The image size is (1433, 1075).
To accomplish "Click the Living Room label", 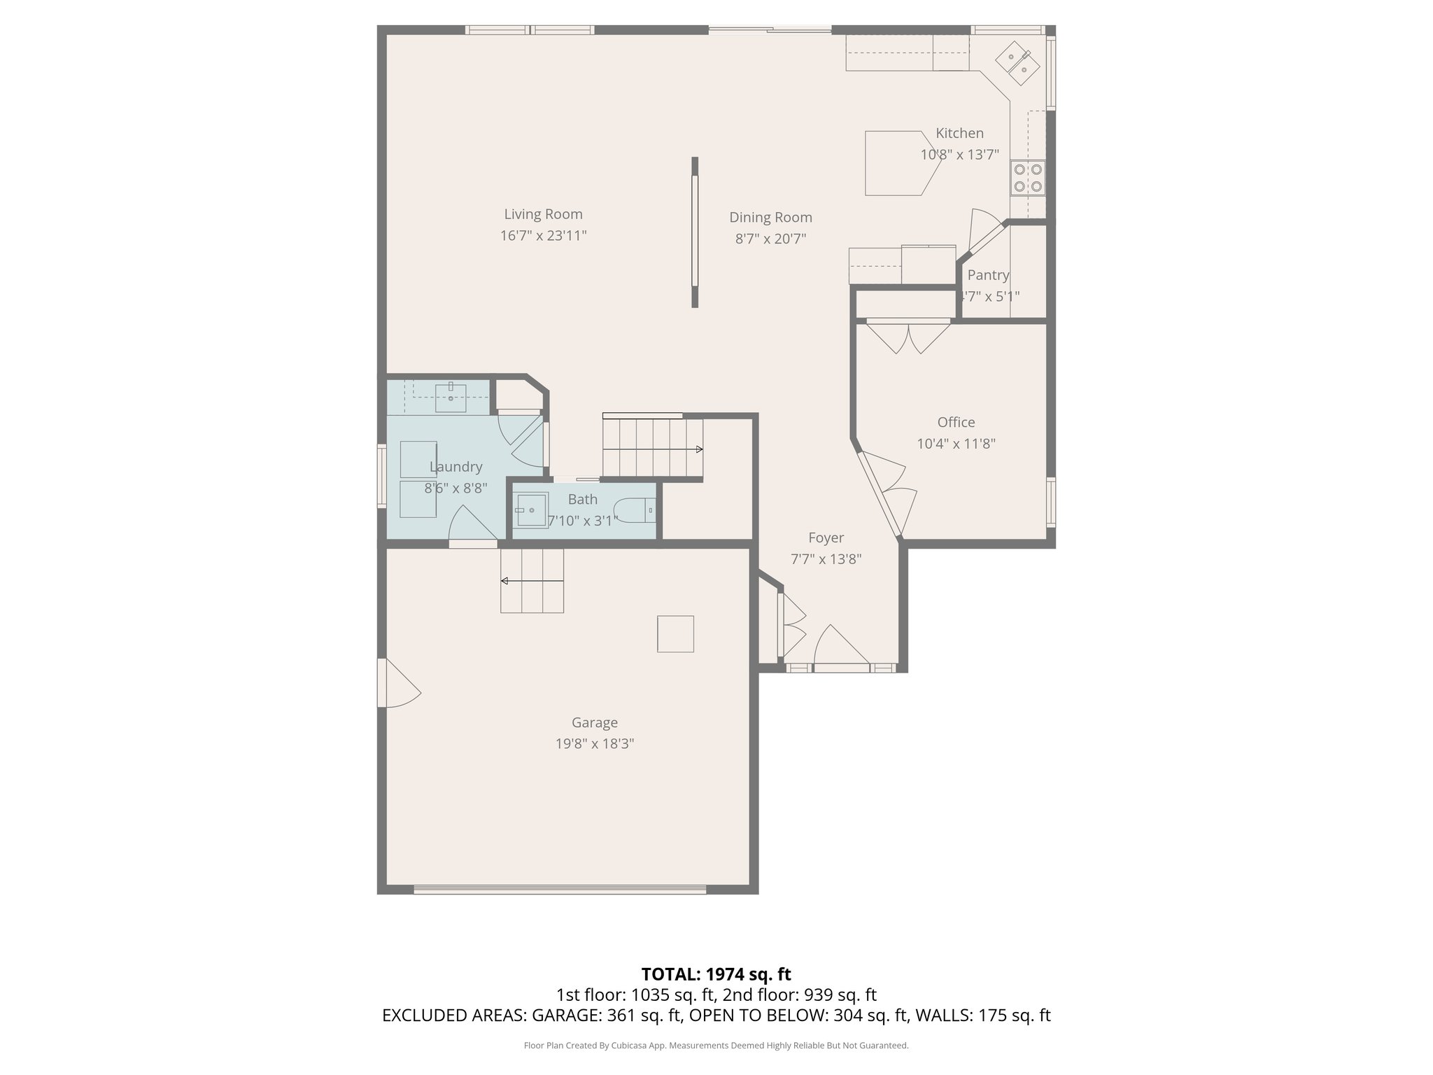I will point(543,214).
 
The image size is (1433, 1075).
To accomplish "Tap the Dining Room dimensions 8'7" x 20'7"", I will point(770,239).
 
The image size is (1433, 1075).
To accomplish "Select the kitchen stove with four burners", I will point(1027,178).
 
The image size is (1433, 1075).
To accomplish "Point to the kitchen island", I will point(898,163).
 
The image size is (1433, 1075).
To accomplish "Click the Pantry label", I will point(988,275).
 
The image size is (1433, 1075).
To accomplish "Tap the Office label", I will point(956,422).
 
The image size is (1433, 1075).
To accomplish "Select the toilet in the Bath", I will point(634,510).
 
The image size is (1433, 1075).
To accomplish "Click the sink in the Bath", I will point(531,510).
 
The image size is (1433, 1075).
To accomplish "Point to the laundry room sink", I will point(451,398).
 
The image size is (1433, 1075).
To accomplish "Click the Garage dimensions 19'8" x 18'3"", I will point(595,743).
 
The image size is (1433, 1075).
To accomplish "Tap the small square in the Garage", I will point(675,634).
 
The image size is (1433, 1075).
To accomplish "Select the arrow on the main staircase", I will point(698,449).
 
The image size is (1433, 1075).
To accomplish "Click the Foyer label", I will point(826,537).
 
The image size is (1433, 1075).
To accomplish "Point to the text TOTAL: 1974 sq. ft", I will point(716,974).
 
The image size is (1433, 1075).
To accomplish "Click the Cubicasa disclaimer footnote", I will point(716,1046).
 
